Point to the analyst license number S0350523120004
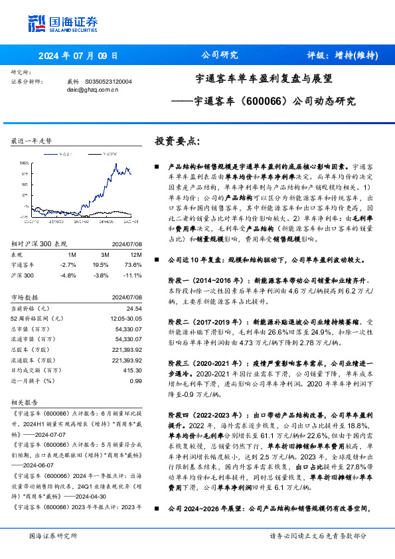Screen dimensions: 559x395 (109, 81)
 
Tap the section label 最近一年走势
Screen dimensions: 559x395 (31, 141)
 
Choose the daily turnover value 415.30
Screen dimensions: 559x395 (132, 370)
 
